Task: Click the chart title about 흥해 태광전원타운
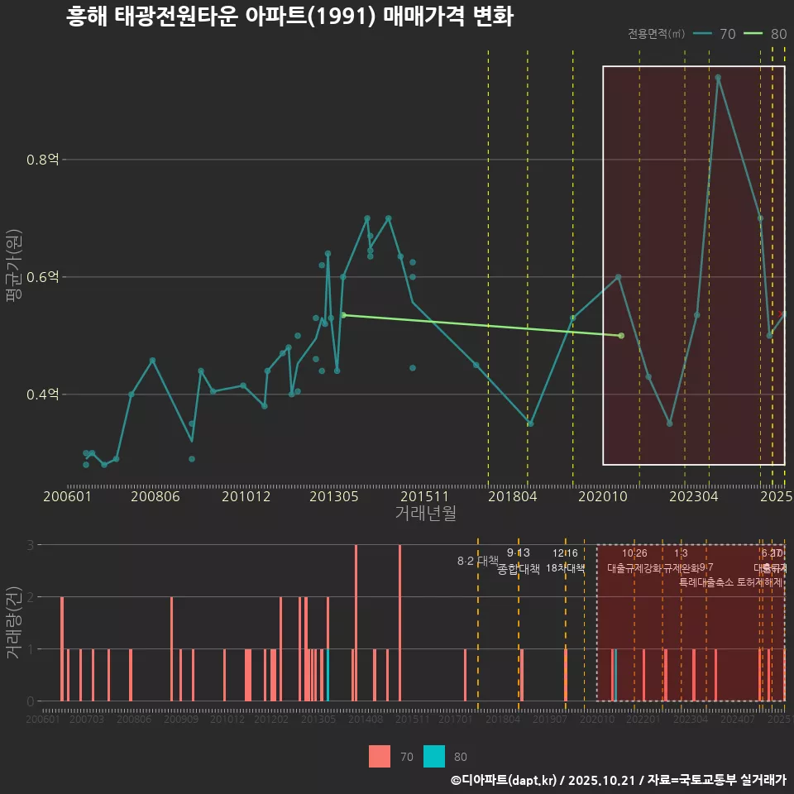[x=289, y=17]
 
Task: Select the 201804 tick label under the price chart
[x=512, y=496]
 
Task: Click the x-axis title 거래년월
[x=425, y=514]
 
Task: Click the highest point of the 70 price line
[x=718, y=78]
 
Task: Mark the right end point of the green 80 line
[x=621, y=336]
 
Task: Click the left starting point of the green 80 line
[x=343, y=315]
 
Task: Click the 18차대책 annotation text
[x=566, y=568]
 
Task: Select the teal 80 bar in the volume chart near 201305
[x=328, y=675]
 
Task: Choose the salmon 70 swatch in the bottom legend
[x=380, y=756]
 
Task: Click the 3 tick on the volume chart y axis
[x=30, y=545]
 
